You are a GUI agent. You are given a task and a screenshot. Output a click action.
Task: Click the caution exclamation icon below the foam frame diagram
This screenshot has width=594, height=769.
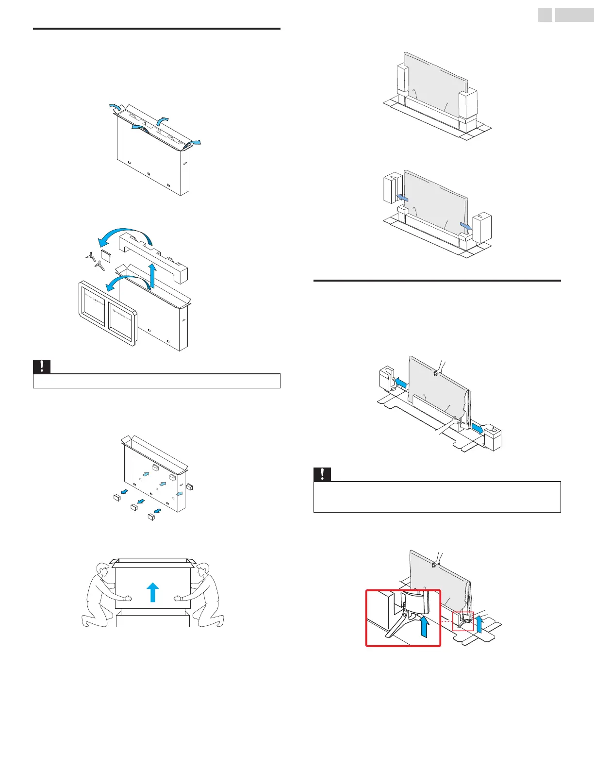(x=42, y=367)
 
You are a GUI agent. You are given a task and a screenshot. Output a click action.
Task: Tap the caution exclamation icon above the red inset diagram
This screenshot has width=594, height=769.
(x=323, y=474)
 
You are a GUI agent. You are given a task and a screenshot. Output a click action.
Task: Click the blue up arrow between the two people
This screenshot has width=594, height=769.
(x=153, y=592)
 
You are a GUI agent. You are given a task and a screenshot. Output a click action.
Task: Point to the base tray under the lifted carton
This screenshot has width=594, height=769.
(x=153, y=620)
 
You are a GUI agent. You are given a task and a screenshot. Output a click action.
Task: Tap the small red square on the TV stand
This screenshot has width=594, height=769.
(x=463, y=621)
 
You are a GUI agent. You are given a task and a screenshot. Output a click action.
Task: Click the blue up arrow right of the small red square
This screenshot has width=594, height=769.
(x=479, y=623)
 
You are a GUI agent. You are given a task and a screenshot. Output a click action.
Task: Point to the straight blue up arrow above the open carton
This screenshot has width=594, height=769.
(x=153, y=275)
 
